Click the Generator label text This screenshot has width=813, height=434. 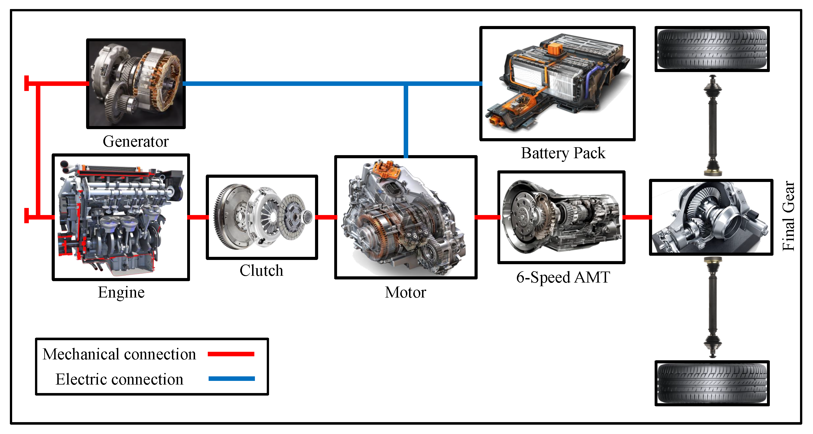tap(136, 141)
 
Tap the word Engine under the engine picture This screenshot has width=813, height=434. tap(121, 292)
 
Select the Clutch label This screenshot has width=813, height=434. tap(261, 271)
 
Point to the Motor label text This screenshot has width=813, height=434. tap(405, 292)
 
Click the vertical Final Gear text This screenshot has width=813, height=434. tap(788, 216)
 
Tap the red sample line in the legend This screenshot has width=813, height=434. tap(231, 354)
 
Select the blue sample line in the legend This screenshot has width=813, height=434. tap(231, 379)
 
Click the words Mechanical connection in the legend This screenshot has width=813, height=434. tap(119, 354)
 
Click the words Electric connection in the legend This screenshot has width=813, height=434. tap(119, 379)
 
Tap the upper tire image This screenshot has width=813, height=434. tap(712, 49)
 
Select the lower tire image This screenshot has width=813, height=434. tap(712, 383)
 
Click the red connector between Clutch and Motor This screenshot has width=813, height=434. tap(326, 217)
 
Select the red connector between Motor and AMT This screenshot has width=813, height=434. tap(487, 217)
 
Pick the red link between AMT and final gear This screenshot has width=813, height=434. tap(637, 217)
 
